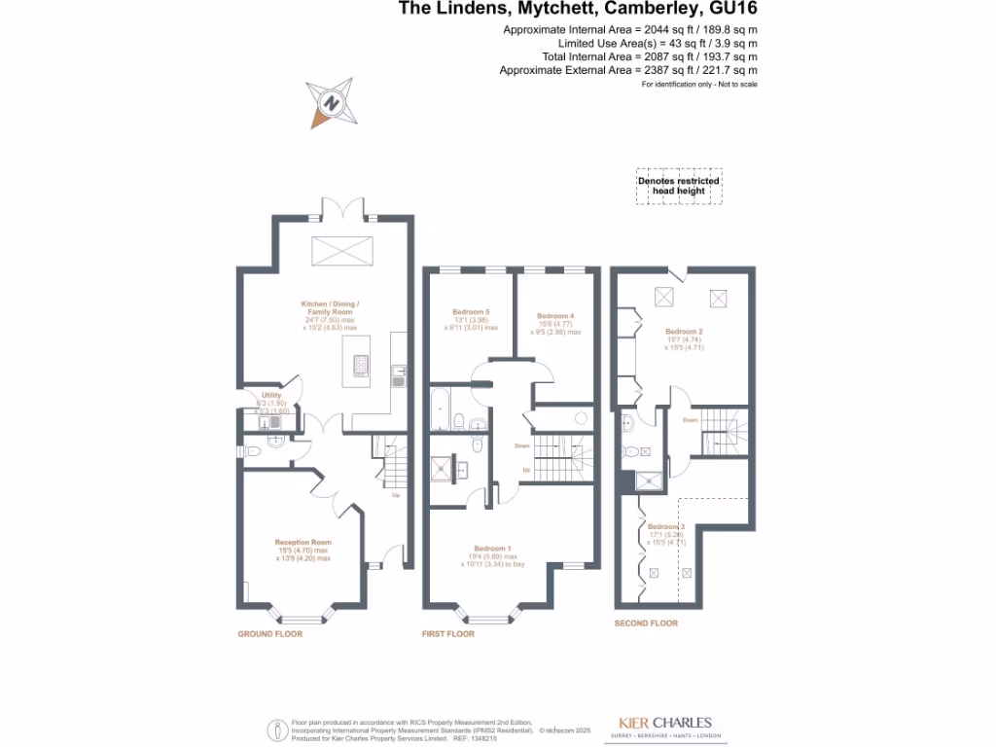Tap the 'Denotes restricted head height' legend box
coord(678,186)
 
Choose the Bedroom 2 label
coord(684,331)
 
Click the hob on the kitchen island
coord(362,366)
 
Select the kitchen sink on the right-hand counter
coord(399,374)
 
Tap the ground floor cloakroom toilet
coord(252,450)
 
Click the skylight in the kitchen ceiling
coord(341,250)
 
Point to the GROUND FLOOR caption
coord(270,634)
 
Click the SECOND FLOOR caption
coord(646,622)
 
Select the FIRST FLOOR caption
coord(449,634)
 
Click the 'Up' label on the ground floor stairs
coord(396,496)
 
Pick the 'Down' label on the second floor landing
coord(690,420)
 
